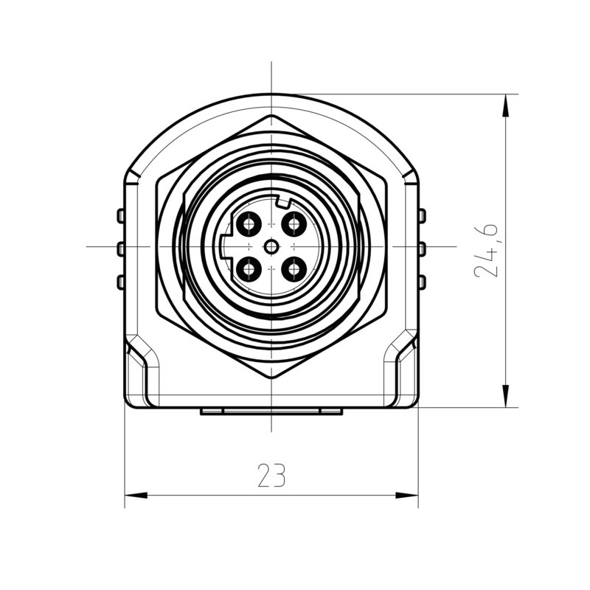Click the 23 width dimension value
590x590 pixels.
pos(271,476)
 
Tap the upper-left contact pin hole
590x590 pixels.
pos(249,223)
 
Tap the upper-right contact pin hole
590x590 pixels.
pos(294,223)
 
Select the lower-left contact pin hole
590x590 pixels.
pos(249,269)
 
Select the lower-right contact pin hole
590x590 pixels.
pos(294,269)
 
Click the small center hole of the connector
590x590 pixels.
pos(272,246)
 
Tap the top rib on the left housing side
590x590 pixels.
pos(120,215)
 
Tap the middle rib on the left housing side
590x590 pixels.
pos(120,249)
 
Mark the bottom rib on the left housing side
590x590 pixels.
pos(120,281)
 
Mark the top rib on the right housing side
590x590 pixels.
pos(422,215)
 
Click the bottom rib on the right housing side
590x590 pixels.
pos(422,281)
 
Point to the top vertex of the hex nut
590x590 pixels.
pos(272,116)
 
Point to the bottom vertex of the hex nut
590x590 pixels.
pos(272,378)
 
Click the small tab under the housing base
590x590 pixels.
pos(271,412)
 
